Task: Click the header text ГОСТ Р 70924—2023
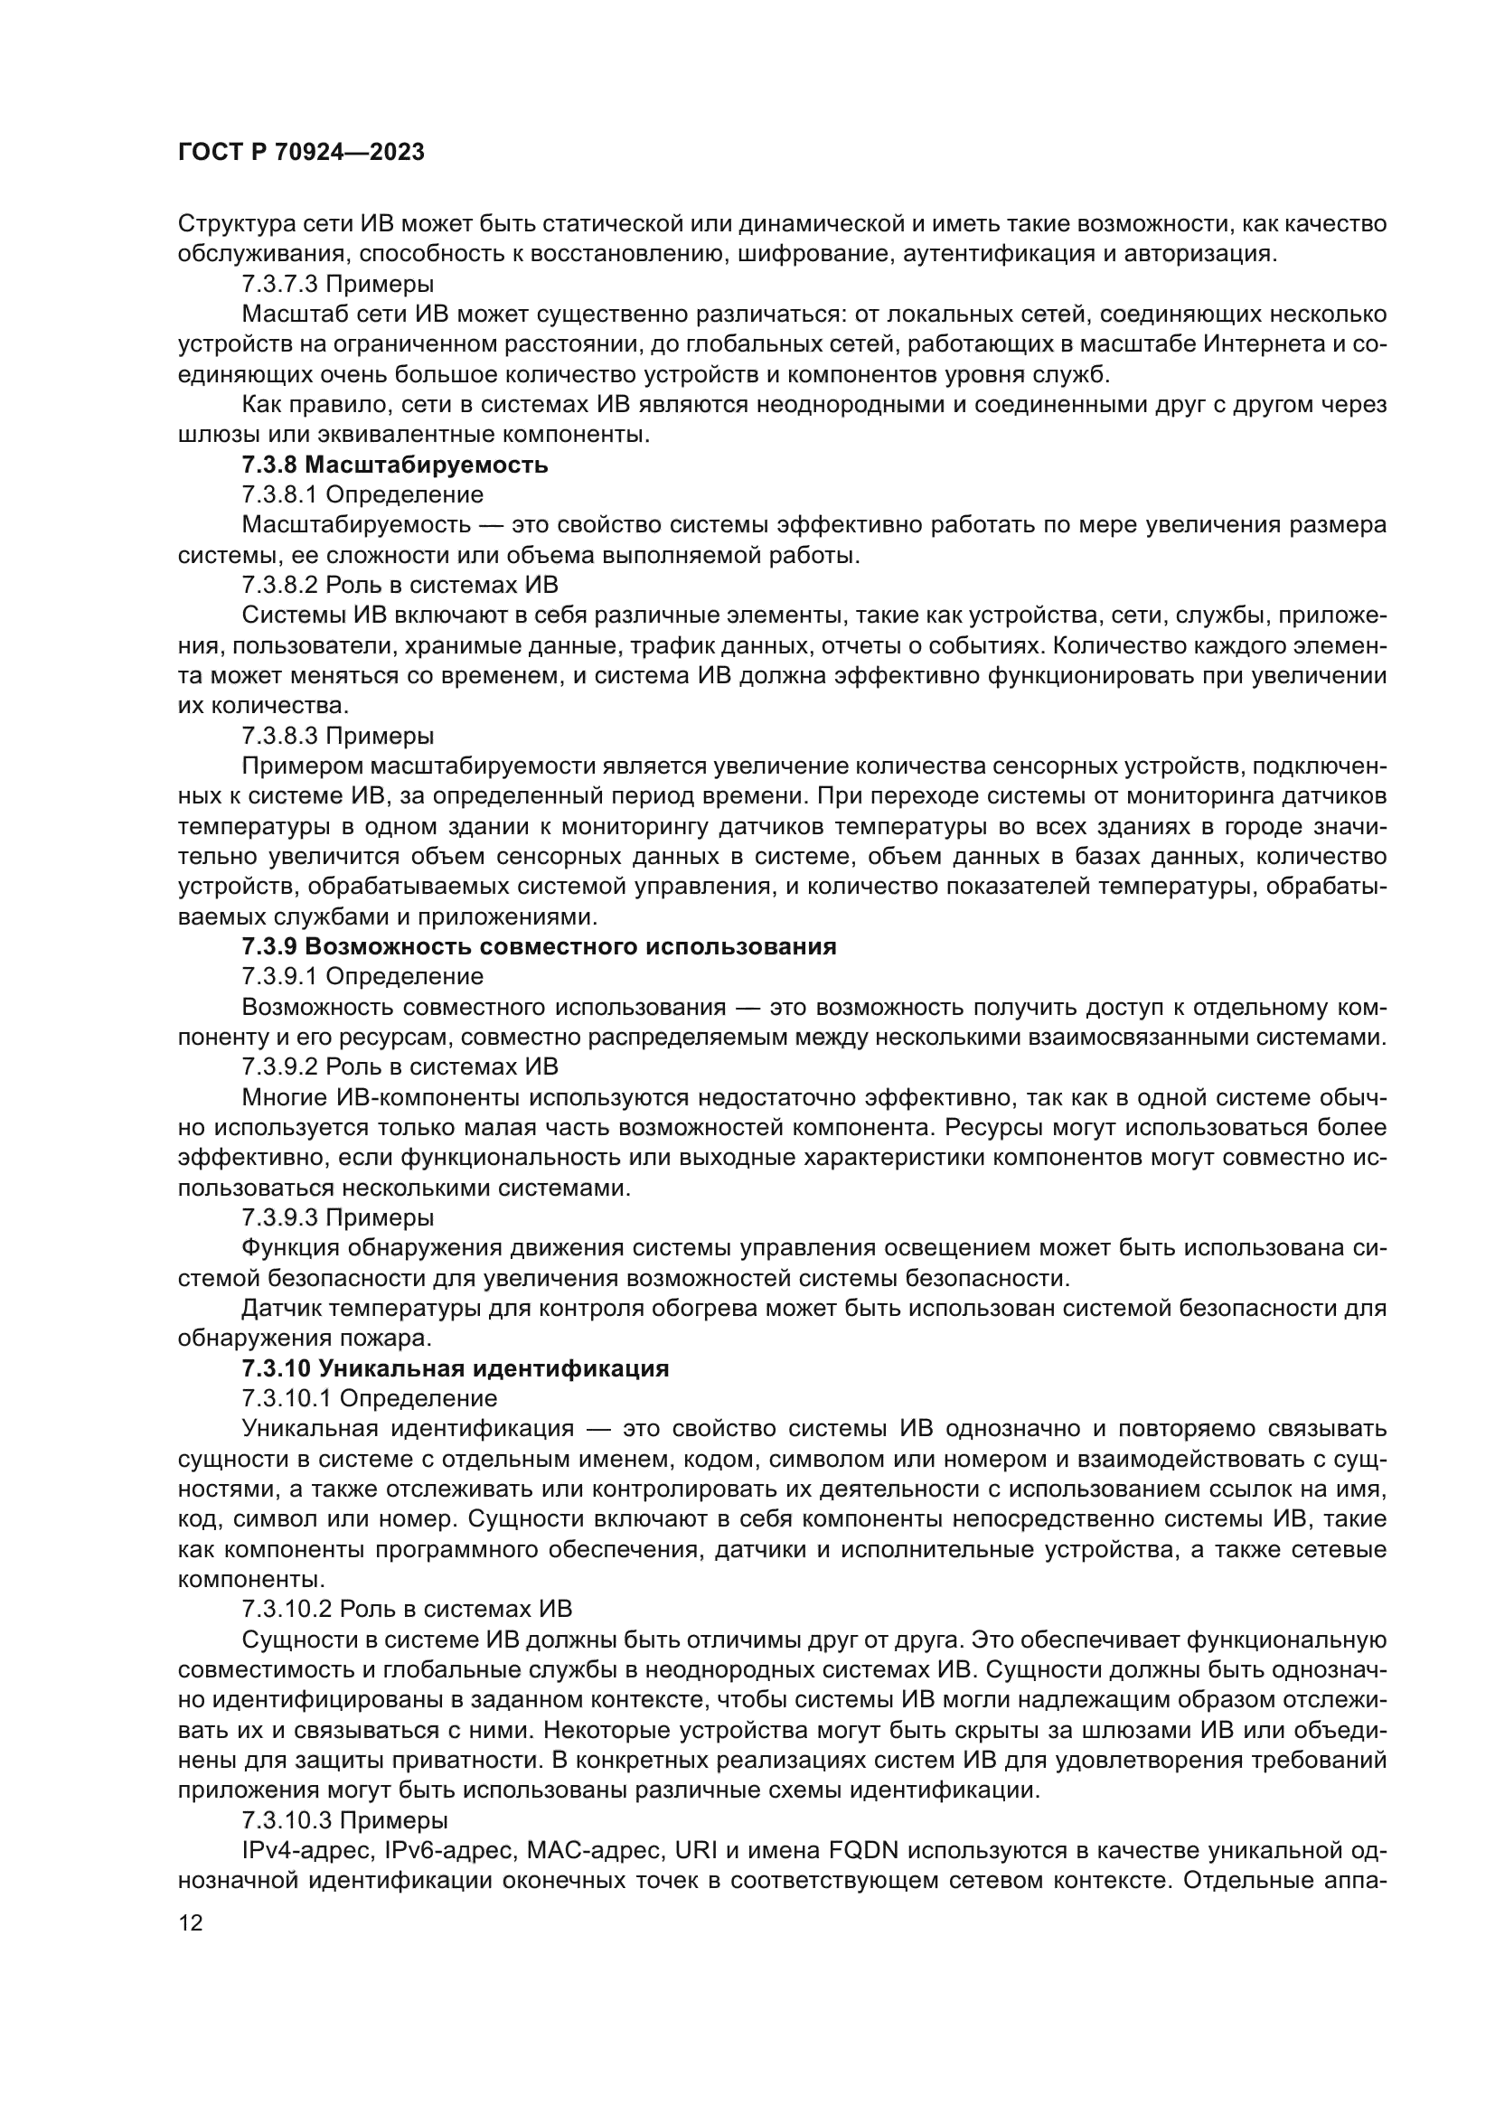(x=301, y=153)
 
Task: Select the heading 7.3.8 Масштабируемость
(x=395, y=465)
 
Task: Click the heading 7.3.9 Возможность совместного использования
(x=539, y=946)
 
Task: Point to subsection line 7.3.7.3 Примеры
(x=338, y=285)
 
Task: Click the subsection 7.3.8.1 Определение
(x=362, y=495)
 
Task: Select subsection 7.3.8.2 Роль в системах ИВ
(x=400, y=586)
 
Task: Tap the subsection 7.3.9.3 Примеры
(x=338, y=1217)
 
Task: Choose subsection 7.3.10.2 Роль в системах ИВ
(x=407, y=1609)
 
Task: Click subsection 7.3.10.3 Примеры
(x=345, y=1819)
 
